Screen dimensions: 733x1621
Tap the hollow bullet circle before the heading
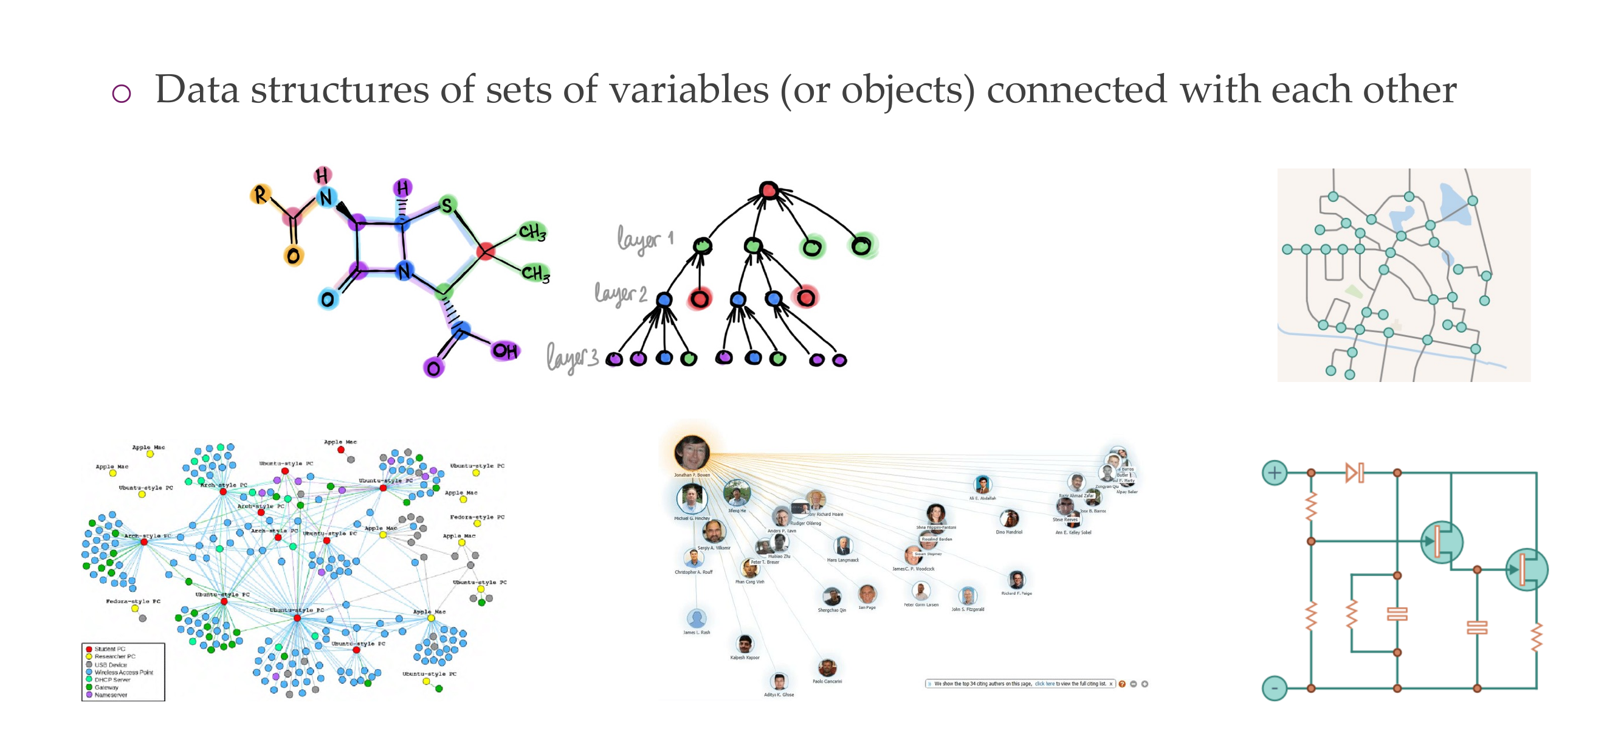(x=122, y=94)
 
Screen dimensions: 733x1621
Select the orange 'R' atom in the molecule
(x=260, y=195)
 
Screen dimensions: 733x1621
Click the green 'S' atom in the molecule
(x=446, y=205)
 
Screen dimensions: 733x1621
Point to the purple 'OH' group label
(x=504, y=351)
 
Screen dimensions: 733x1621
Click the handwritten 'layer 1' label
(x=644, y=240)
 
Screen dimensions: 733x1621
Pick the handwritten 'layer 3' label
(x=572, y=358)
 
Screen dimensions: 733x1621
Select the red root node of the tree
(x=768, y=190)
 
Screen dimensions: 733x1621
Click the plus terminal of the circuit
(x=1275, y=472)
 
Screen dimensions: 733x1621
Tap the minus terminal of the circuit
(x=1275, y=687)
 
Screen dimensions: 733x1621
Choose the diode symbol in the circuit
(x=1354, y=472)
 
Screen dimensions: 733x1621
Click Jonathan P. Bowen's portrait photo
(x=692, y=452)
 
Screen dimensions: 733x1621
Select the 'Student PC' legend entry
(x=109, y=648)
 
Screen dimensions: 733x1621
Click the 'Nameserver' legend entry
(x=111, y=695)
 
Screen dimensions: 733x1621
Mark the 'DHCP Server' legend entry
(x=112, y=679)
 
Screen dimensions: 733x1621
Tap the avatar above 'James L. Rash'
(x=696, y=618)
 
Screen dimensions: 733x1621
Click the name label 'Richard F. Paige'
(x=1016, y=593)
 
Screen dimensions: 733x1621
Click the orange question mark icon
(x=1122, y=684)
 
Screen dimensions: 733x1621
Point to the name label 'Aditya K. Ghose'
(x=779, y=695)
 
